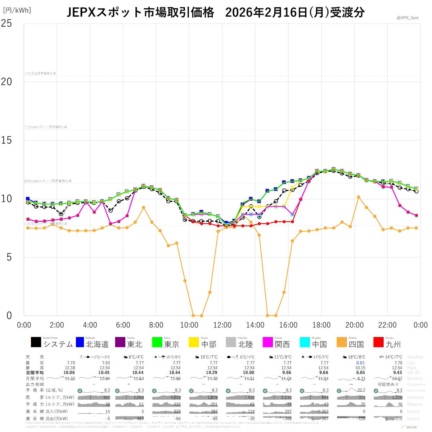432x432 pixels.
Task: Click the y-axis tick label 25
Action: [6, 23]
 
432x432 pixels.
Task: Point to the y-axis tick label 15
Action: [6, 140]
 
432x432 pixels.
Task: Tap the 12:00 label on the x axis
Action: [222, 325]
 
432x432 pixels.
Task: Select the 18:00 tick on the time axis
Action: [321, 325]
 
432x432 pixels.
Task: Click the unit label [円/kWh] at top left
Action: [17, 10]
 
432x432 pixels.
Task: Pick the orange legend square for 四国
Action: [342, 342]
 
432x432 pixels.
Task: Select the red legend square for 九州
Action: [379, 342]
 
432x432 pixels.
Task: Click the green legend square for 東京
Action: [157, 342]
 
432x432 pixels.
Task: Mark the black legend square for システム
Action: [36, 342]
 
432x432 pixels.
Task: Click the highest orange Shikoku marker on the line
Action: [358, 197]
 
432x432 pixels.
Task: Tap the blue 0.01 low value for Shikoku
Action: [360, 363]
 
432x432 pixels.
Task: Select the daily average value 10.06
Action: [69, 373]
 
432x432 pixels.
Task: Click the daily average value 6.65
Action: [360, 373]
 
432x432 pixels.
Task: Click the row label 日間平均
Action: [35, 373]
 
